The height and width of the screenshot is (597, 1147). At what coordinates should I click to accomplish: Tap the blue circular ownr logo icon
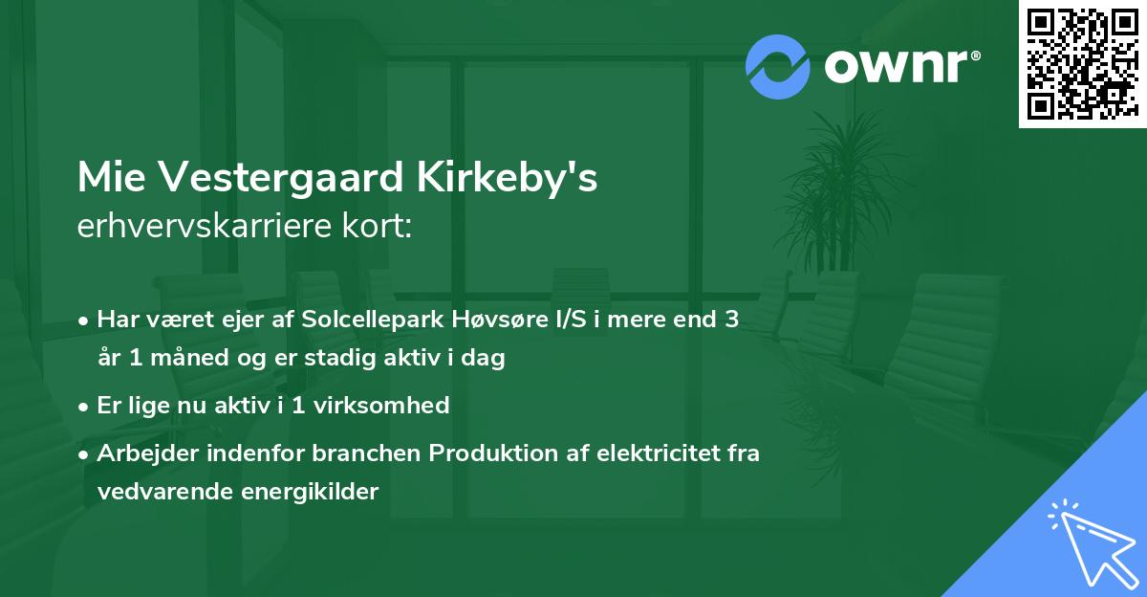(x=777, y=67)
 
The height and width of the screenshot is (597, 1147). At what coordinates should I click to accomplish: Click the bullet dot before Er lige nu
(x=85, y=406)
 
